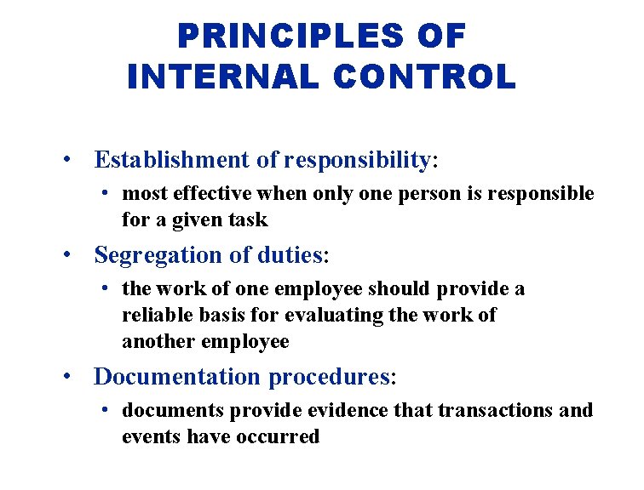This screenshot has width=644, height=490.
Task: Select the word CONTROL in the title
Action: click(x=425, y=77)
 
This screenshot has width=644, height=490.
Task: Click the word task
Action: click(x=249, y=220)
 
